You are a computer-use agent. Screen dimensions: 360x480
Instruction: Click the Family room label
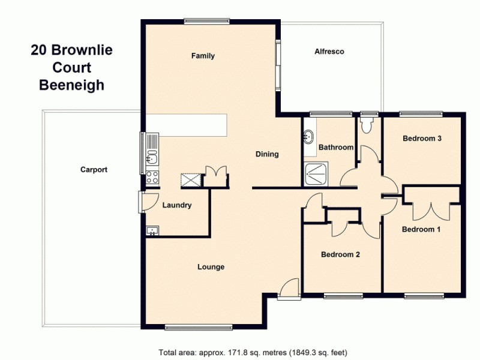click(x=203, y=56)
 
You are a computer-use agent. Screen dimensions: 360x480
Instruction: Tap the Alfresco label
click(x=329, y=52)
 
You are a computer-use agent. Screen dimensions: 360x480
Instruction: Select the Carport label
click(x=94, y=170)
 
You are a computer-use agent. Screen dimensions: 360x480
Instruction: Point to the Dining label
click(x=267, y=154)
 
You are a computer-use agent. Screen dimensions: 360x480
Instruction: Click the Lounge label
click(x=211, y=267)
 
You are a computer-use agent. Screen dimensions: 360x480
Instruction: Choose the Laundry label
click(x=177, y=205)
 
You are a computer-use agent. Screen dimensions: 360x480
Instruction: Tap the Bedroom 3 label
click(x=422, y=139)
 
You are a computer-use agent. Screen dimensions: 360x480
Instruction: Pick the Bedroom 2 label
click(x=340, y=254)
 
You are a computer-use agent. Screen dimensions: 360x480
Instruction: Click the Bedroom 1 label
click(x=421, y=229)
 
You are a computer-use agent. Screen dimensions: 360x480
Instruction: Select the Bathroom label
click(x=335, y=147)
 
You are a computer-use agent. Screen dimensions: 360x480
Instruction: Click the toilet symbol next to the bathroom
click(x=367, y=124)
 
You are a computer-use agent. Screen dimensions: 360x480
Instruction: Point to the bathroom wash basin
click(x=309, y=136)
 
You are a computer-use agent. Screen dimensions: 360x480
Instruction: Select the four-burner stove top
click(x=152, y=178)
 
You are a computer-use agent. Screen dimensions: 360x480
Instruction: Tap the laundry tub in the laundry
click(x=152, y=231)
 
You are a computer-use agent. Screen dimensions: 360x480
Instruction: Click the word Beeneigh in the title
click(x=71, y=85)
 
